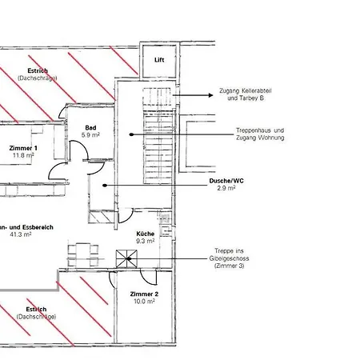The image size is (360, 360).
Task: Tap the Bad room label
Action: coord(91,127)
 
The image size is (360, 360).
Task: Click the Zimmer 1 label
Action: coord(24,149)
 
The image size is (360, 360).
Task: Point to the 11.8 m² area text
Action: coord(22,156)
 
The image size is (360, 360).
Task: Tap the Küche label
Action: coord(145,234)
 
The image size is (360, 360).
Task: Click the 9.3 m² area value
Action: coord(145,241)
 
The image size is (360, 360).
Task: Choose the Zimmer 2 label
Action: coord(145,294)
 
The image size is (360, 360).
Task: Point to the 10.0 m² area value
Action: coord(145,302)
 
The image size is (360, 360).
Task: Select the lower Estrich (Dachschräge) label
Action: coord(36,313)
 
